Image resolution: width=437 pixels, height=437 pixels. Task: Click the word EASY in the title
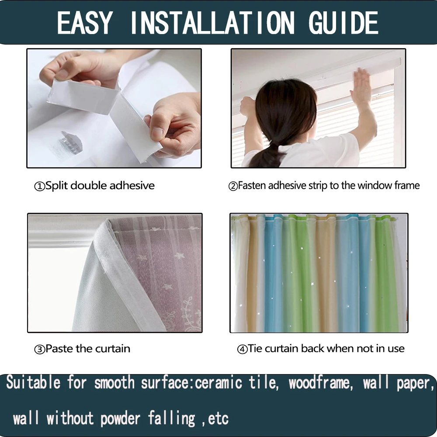pos(85,23)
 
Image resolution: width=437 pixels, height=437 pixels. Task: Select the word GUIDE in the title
pos(343,23)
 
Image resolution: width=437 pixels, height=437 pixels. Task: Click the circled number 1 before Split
pos(40,186)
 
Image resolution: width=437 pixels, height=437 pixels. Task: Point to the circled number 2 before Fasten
pos(233,186)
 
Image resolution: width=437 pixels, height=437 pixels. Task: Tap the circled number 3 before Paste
pos(40,349)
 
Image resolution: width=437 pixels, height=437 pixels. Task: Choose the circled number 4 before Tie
pos(242,349)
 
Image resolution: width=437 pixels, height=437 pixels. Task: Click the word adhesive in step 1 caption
pos(132,185)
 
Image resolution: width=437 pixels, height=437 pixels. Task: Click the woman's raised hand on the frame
pos(361,85)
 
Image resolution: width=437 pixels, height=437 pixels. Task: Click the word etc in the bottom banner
pos(218,419)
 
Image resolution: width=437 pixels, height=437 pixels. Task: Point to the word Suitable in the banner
pos(33,384)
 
